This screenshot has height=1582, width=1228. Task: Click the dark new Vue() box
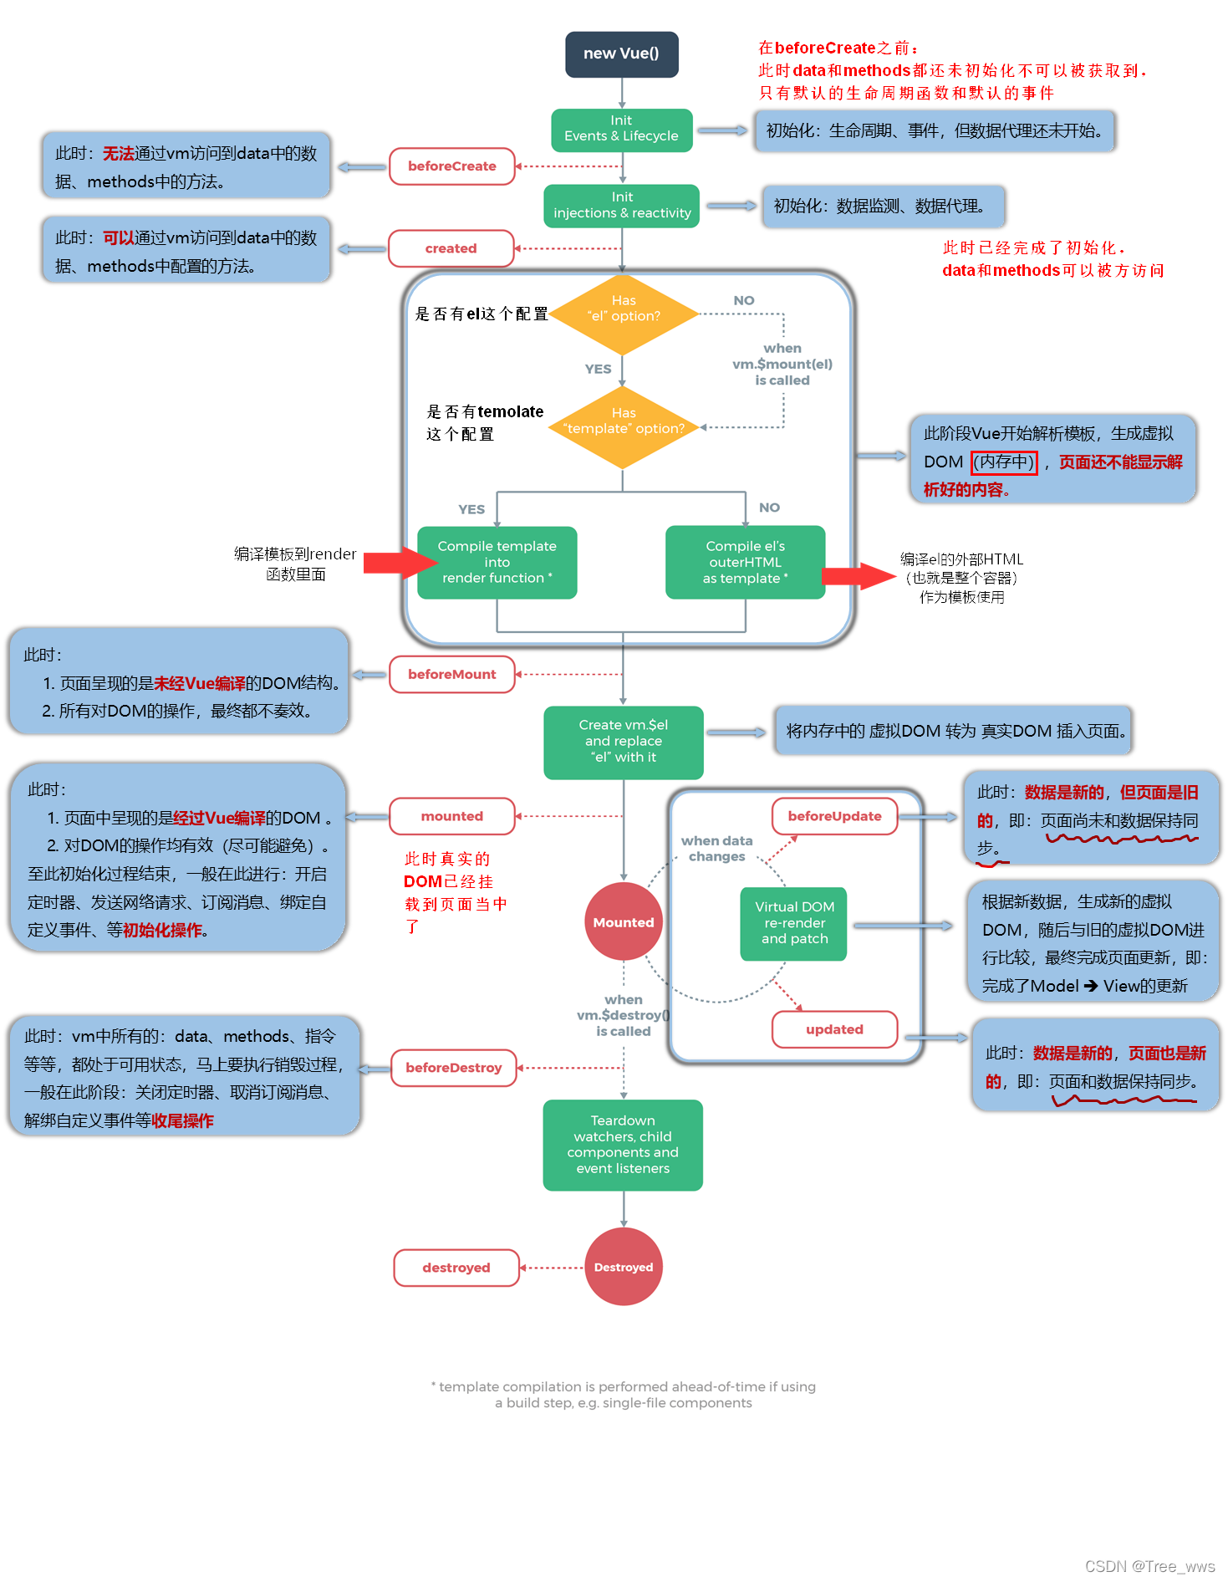pyautogui.click(x=621, y=54)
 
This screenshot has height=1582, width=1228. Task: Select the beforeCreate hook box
pyautogui.click(x=451, y=166)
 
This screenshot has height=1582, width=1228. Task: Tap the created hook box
pyautogui.click(x=451, y=248)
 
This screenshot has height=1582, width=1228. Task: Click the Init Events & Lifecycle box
pyautogui.click(x=621, y=130)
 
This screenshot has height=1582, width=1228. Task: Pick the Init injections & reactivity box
pyautogui.click(x=621, y=206)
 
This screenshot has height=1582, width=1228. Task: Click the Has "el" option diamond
pyautogui.click(x=623, y=314)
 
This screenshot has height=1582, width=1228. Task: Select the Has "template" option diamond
pyautogui.click(x=623, y=426)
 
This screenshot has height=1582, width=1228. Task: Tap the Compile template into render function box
pyautogui.click(x=497, y=562)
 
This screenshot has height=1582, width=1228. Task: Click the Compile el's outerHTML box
pyautogui.click(x=745, y=562)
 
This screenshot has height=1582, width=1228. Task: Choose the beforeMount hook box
pyautogui.click(x=451, y=674)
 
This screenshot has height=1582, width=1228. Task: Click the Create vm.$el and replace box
pyautogui.click(x=623, y=742)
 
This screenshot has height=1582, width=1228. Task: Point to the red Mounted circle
pyautogui.click(x=623, y=921)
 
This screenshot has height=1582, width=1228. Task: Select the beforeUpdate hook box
pyautogui.click(x=833, y=816)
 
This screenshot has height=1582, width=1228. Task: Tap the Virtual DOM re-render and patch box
pyautogui.click(x=793, y=923)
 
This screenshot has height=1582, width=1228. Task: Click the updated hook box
pyautogui.click(x=833, y=1029)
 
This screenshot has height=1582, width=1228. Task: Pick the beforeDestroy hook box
pyautogui.click(x=453, y=1068)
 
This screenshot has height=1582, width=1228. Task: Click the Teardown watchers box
pyautogui.click(x=623, y=1145)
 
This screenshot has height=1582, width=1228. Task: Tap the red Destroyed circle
pyautogui.click(x=623, y=1267)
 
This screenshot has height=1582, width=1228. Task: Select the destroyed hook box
pyautogui.click(x=456, y=1268)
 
